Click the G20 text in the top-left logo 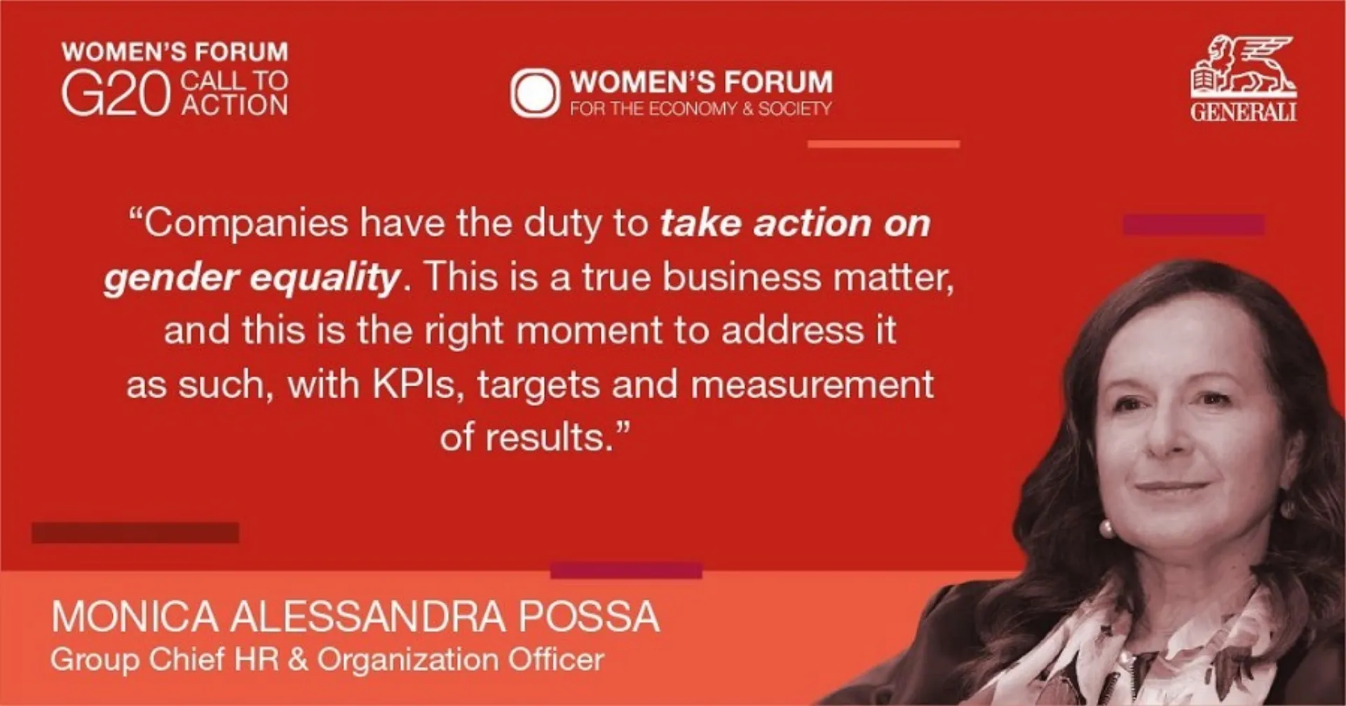click(x=116, y=94)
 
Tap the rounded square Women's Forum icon click(x=535, y=93)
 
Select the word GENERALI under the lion click(x=1243, y=112)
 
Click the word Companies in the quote click(x=246, y=224)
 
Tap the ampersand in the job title click(x=298, y=660)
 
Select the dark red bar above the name click(x=135, y=533)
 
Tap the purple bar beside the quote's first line click(x=1193, y=225)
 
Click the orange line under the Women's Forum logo click(x=883, y=144)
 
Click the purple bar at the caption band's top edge click(x=626, y=571)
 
